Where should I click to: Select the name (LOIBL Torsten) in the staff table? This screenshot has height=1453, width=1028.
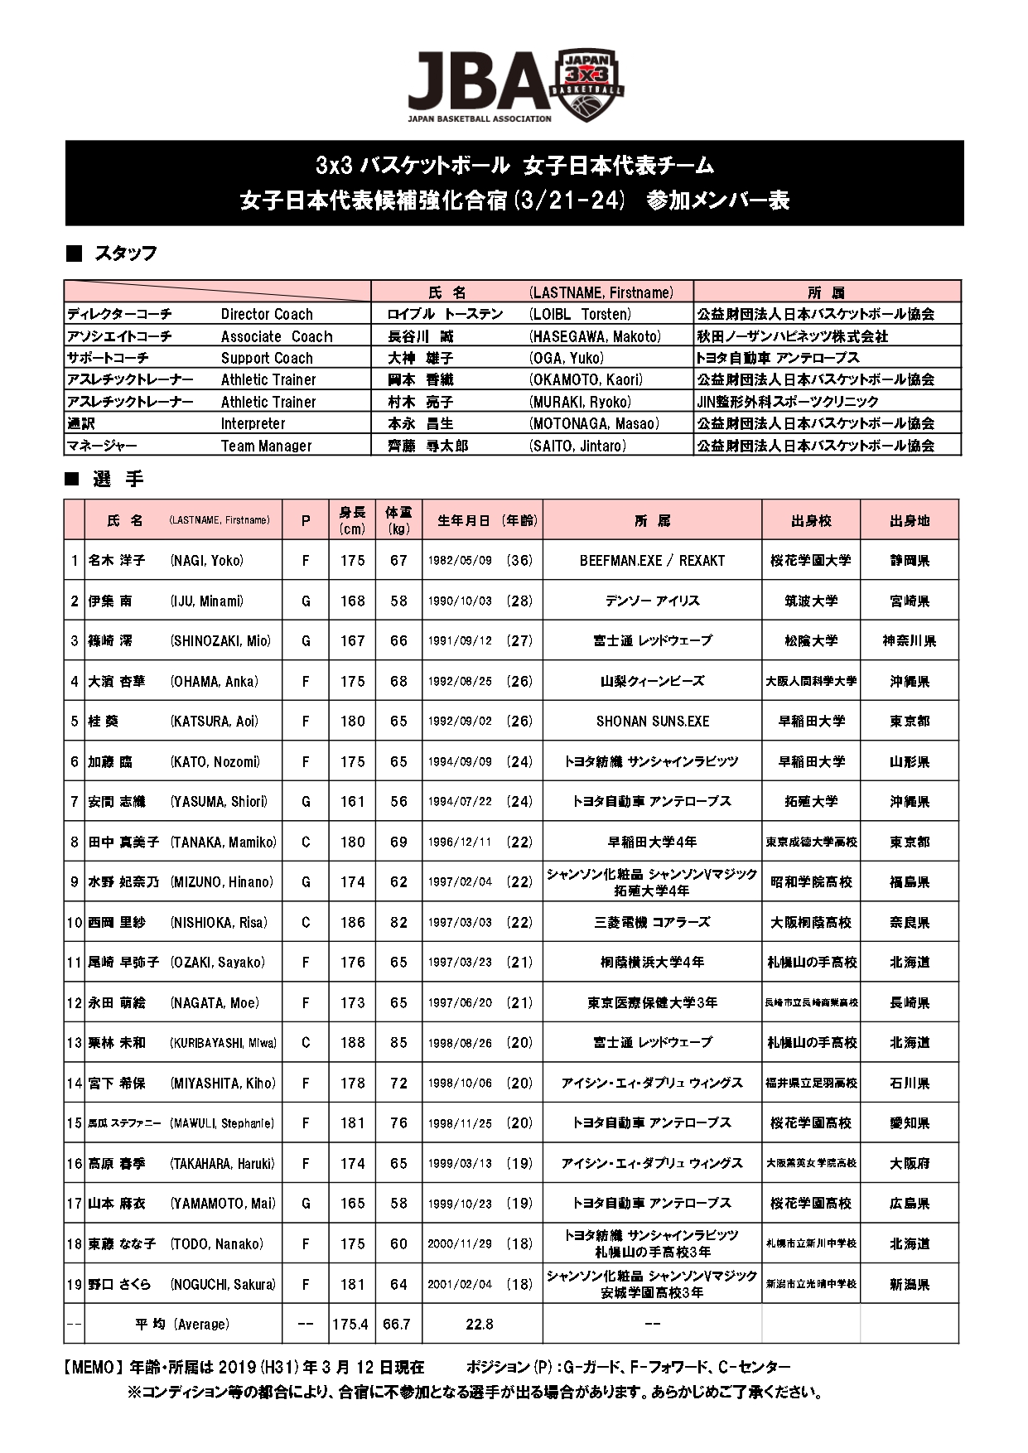[580, 314]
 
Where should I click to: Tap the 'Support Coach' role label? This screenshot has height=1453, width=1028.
[267, 358]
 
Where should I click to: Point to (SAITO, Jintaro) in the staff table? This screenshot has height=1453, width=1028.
[577, 446]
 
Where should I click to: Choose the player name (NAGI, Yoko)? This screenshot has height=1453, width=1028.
[207, 561]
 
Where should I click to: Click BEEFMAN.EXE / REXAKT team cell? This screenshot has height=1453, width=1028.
[652, 561]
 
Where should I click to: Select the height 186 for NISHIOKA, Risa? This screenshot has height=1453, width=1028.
[352, 922]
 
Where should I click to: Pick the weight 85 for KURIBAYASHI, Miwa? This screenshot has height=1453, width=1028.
[398, 1042]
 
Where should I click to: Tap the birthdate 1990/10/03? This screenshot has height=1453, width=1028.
[460, 601]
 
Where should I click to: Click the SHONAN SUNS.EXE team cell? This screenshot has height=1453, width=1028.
[652, 722]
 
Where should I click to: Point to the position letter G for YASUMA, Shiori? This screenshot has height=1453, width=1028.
[306, 802]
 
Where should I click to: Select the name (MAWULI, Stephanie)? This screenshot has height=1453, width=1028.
[221, 1123]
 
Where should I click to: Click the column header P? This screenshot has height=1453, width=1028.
[306, 521]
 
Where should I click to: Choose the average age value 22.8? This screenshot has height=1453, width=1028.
[480, 1325]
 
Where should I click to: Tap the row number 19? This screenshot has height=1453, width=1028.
[75, 1285]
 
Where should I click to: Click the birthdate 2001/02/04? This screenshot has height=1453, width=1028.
[460, 1285]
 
